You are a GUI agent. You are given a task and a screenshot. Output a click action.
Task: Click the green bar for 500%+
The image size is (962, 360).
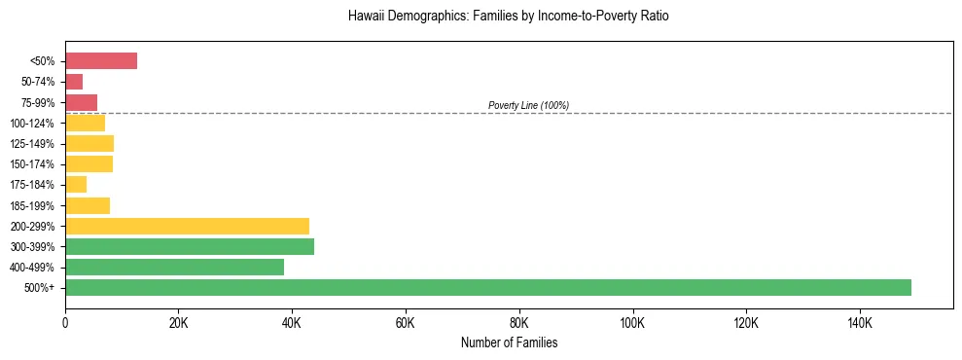(x=488, y=287)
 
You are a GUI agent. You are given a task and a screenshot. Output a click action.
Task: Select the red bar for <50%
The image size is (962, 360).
(x=101, y=61)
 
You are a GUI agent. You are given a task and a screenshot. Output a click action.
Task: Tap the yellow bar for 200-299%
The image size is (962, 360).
(x=187, y=226)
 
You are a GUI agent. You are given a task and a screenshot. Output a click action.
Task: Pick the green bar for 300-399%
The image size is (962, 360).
(x=190, y=246)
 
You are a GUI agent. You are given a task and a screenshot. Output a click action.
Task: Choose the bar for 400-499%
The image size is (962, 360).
(x=174, y=267)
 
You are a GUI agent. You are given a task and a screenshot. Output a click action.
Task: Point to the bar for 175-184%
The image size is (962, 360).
(x=76, y=184)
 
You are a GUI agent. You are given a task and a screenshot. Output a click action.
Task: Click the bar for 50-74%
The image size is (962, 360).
(x=74, y=82)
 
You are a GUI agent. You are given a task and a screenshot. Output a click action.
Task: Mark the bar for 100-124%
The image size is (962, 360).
(x=85, y=123)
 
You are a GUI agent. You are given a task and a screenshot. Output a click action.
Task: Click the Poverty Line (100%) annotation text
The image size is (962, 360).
(x=528, y=105)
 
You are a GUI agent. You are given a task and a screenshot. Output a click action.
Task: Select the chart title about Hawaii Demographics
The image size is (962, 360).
(x=508, y=17)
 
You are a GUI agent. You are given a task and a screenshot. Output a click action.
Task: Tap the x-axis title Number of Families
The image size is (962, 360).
(x=509, y=342)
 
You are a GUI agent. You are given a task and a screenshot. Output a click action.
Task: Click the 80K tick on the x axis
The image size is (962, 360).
(x=518, y=322)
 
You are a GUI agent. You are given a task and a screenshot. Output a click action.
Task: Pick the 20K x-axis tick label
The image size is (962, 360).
(x=178, y=322)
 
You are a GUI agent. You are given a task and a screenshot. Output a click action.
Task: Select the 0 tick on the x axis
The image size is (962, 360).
(x=65, y=322)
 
